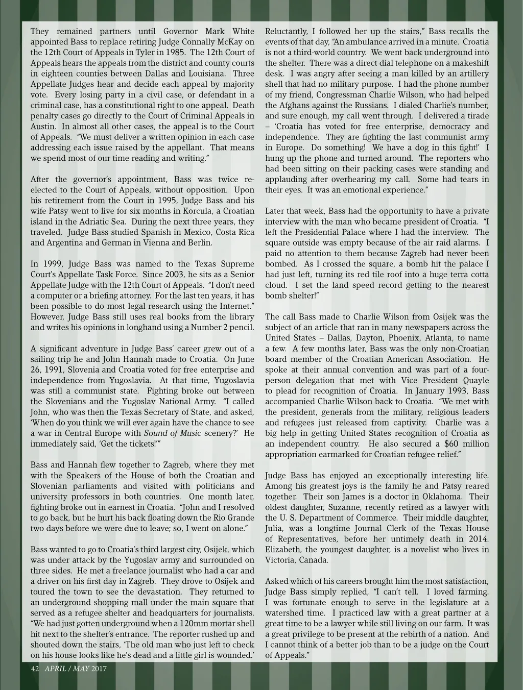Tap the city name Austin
click(x=42, y=127)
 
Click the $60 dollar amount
click(x=443, y=443)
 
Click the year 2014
click(x=477, y=539)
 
